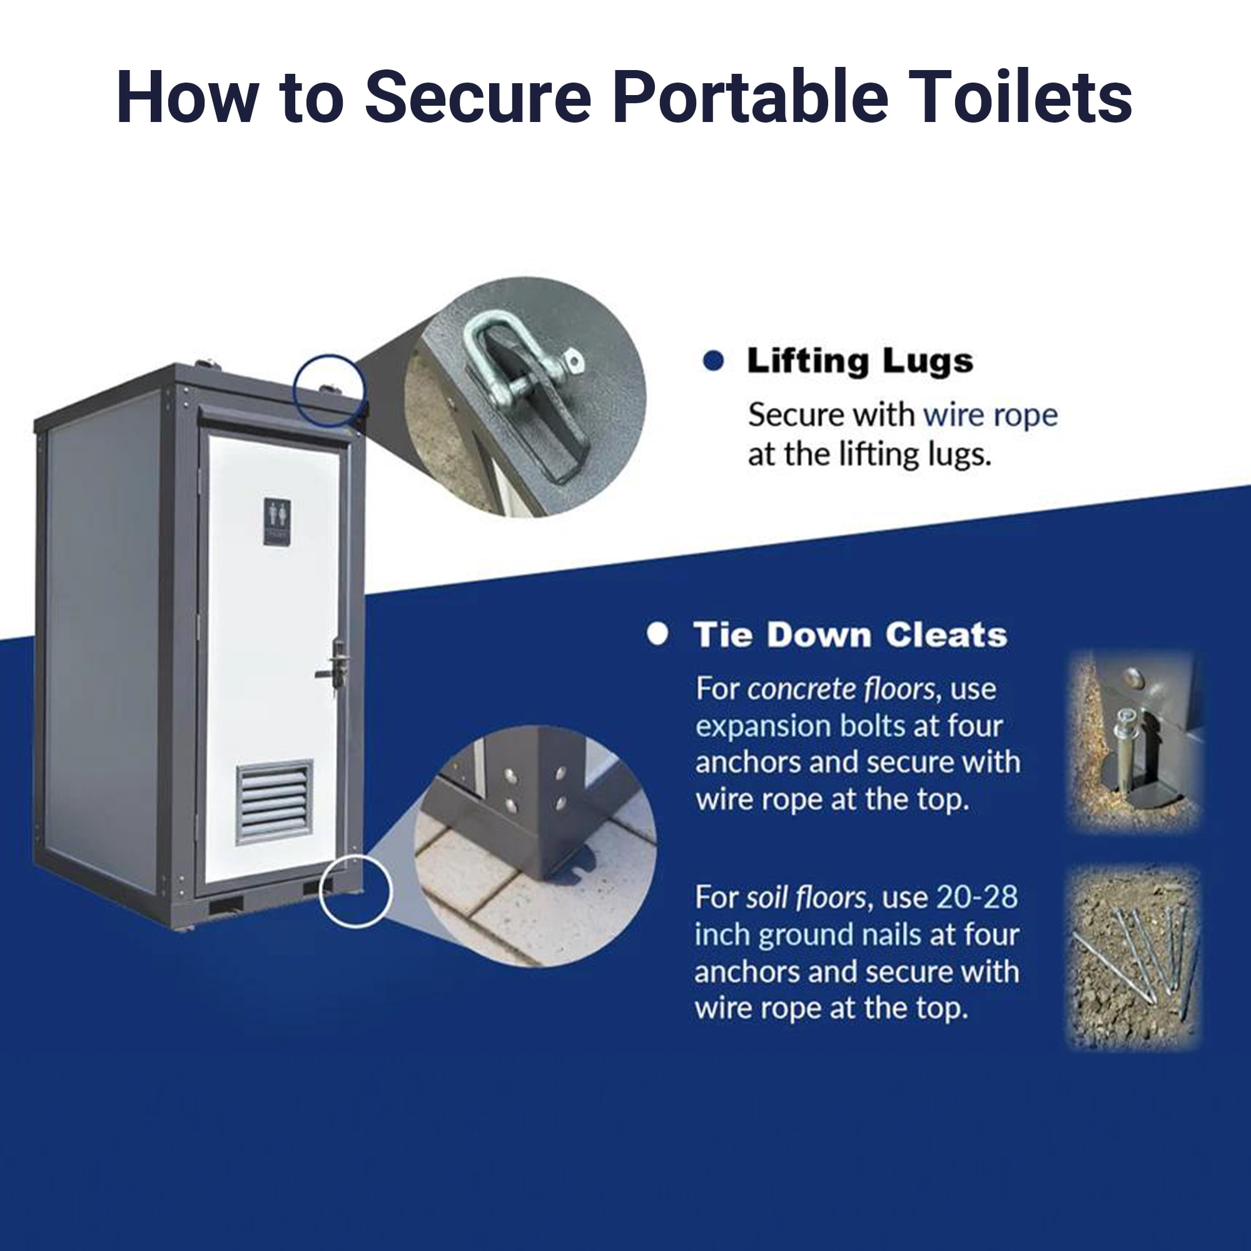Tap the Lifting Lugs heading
861,362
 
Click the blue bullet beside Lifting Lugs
713,362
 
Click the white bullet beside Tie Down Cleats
657,634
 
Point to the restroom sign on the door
277,521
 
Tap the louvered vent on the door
275,803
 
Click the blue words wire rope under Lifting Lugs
991,415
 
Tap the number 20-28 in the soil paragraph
977,898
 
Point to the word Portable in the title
751,97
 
